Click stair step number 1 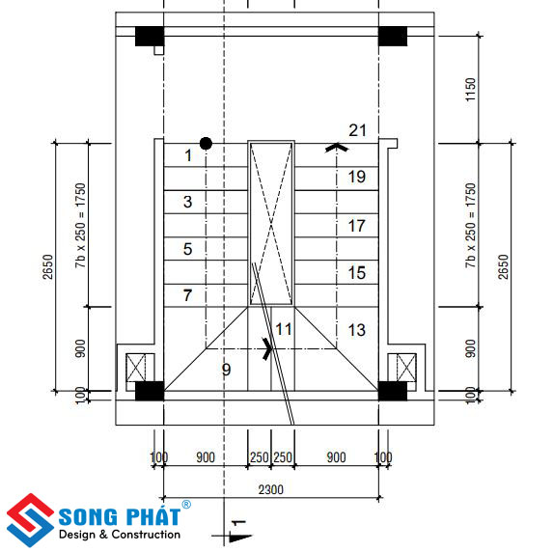[x=188, y=155]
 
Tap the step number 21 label [x=358, y=130]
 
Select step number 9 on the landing [x=226, y=370]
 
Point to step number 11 [x=284, y=329]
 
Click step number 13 [x=356, y=330]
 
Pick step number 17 [x=356, y=226]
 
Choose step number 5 [x=187, y=249]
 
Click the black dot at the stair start [x=206, y=144]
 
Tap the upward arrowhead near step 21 [x=337, y=148]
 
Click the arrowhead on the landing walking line [x=268, y=348]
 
